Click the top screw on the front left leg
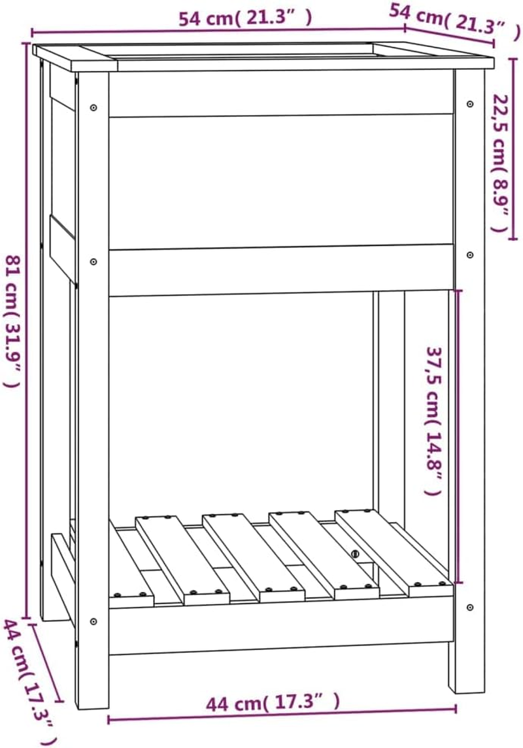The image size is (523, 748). (94, 106)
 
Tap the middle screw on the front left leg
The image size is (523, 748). (94, 261)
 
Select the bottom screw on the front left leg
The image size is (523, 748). (94, 621)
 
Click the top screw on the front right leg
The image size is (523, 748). (470, 103)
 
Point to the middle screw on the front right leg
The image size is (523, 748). (470, 255)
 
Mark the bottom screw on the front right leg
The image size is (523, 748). (470, 608)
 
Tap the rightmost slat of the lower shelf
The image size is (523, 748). (392, 549)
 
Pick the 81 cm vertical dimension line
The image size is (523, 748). (27, 327)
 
